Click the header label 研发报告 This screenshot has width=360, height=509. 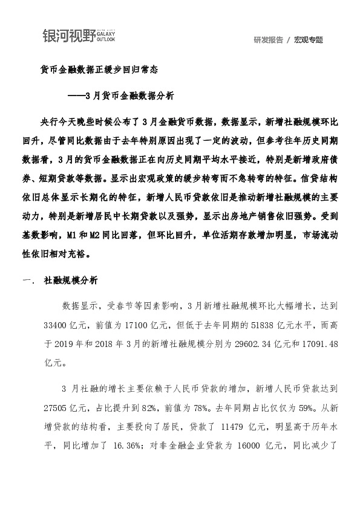click(x=269, y=40)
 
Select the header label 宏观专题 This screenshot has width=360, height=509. click(x=309, y=40)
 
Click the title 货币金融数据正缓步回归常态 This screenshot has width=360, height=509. click(x=99, y=70)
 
